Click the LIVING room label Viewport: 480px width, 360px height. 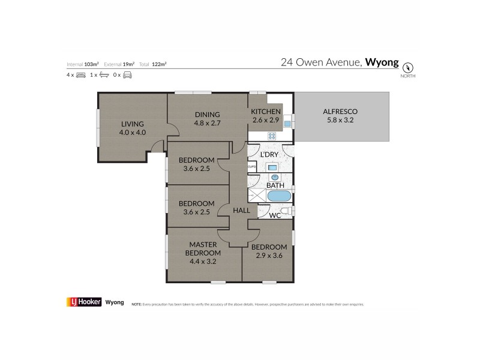point(132,124)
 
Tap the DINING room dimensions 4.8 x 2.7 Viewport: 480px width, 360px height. point(207,124)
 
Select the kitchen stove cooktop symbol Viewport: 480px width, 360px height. point(271,136)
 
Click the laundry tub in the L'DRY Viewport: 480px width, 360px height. point(272,167)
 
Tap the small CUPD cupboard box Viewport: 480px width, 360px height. point(252,167)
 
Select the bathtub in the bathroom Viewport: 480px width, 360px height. point(279,196)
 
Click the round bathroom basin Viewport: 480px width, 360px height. point(275,178)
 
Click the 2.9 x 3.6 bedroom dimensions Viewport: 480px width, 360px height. point(267,256)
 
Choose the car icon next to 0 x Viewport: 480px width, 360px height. point(127,75)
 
